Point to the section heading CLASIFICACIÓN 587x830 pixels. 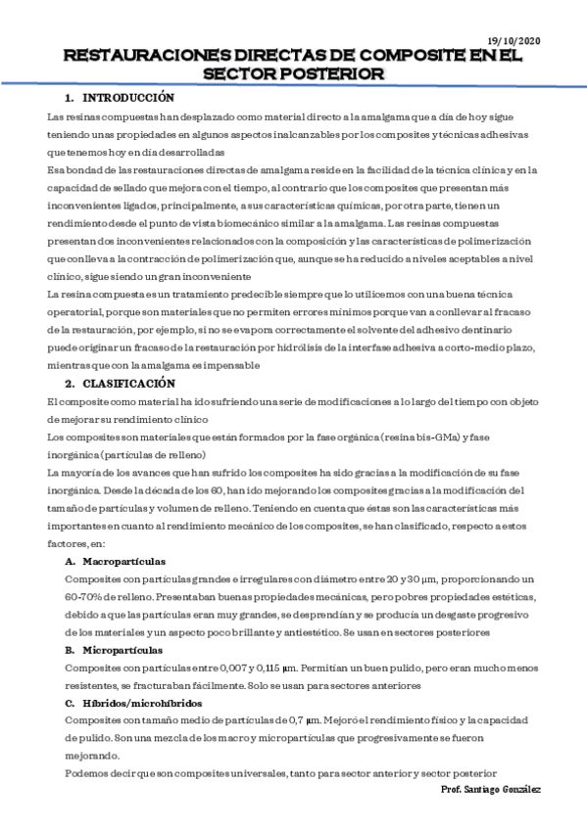[127, 384]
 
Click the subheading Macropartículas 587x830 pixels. [124, 562]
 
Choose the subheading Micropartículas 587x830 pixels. [123, 650]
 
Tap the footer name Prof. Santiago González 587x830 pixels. [490, 789]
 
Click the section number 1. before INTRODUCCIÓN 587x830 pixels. [70, 98]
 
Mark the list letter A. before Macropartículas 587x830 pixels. [70, 562]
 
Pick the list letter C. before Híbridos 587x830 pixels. [70, 703]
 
